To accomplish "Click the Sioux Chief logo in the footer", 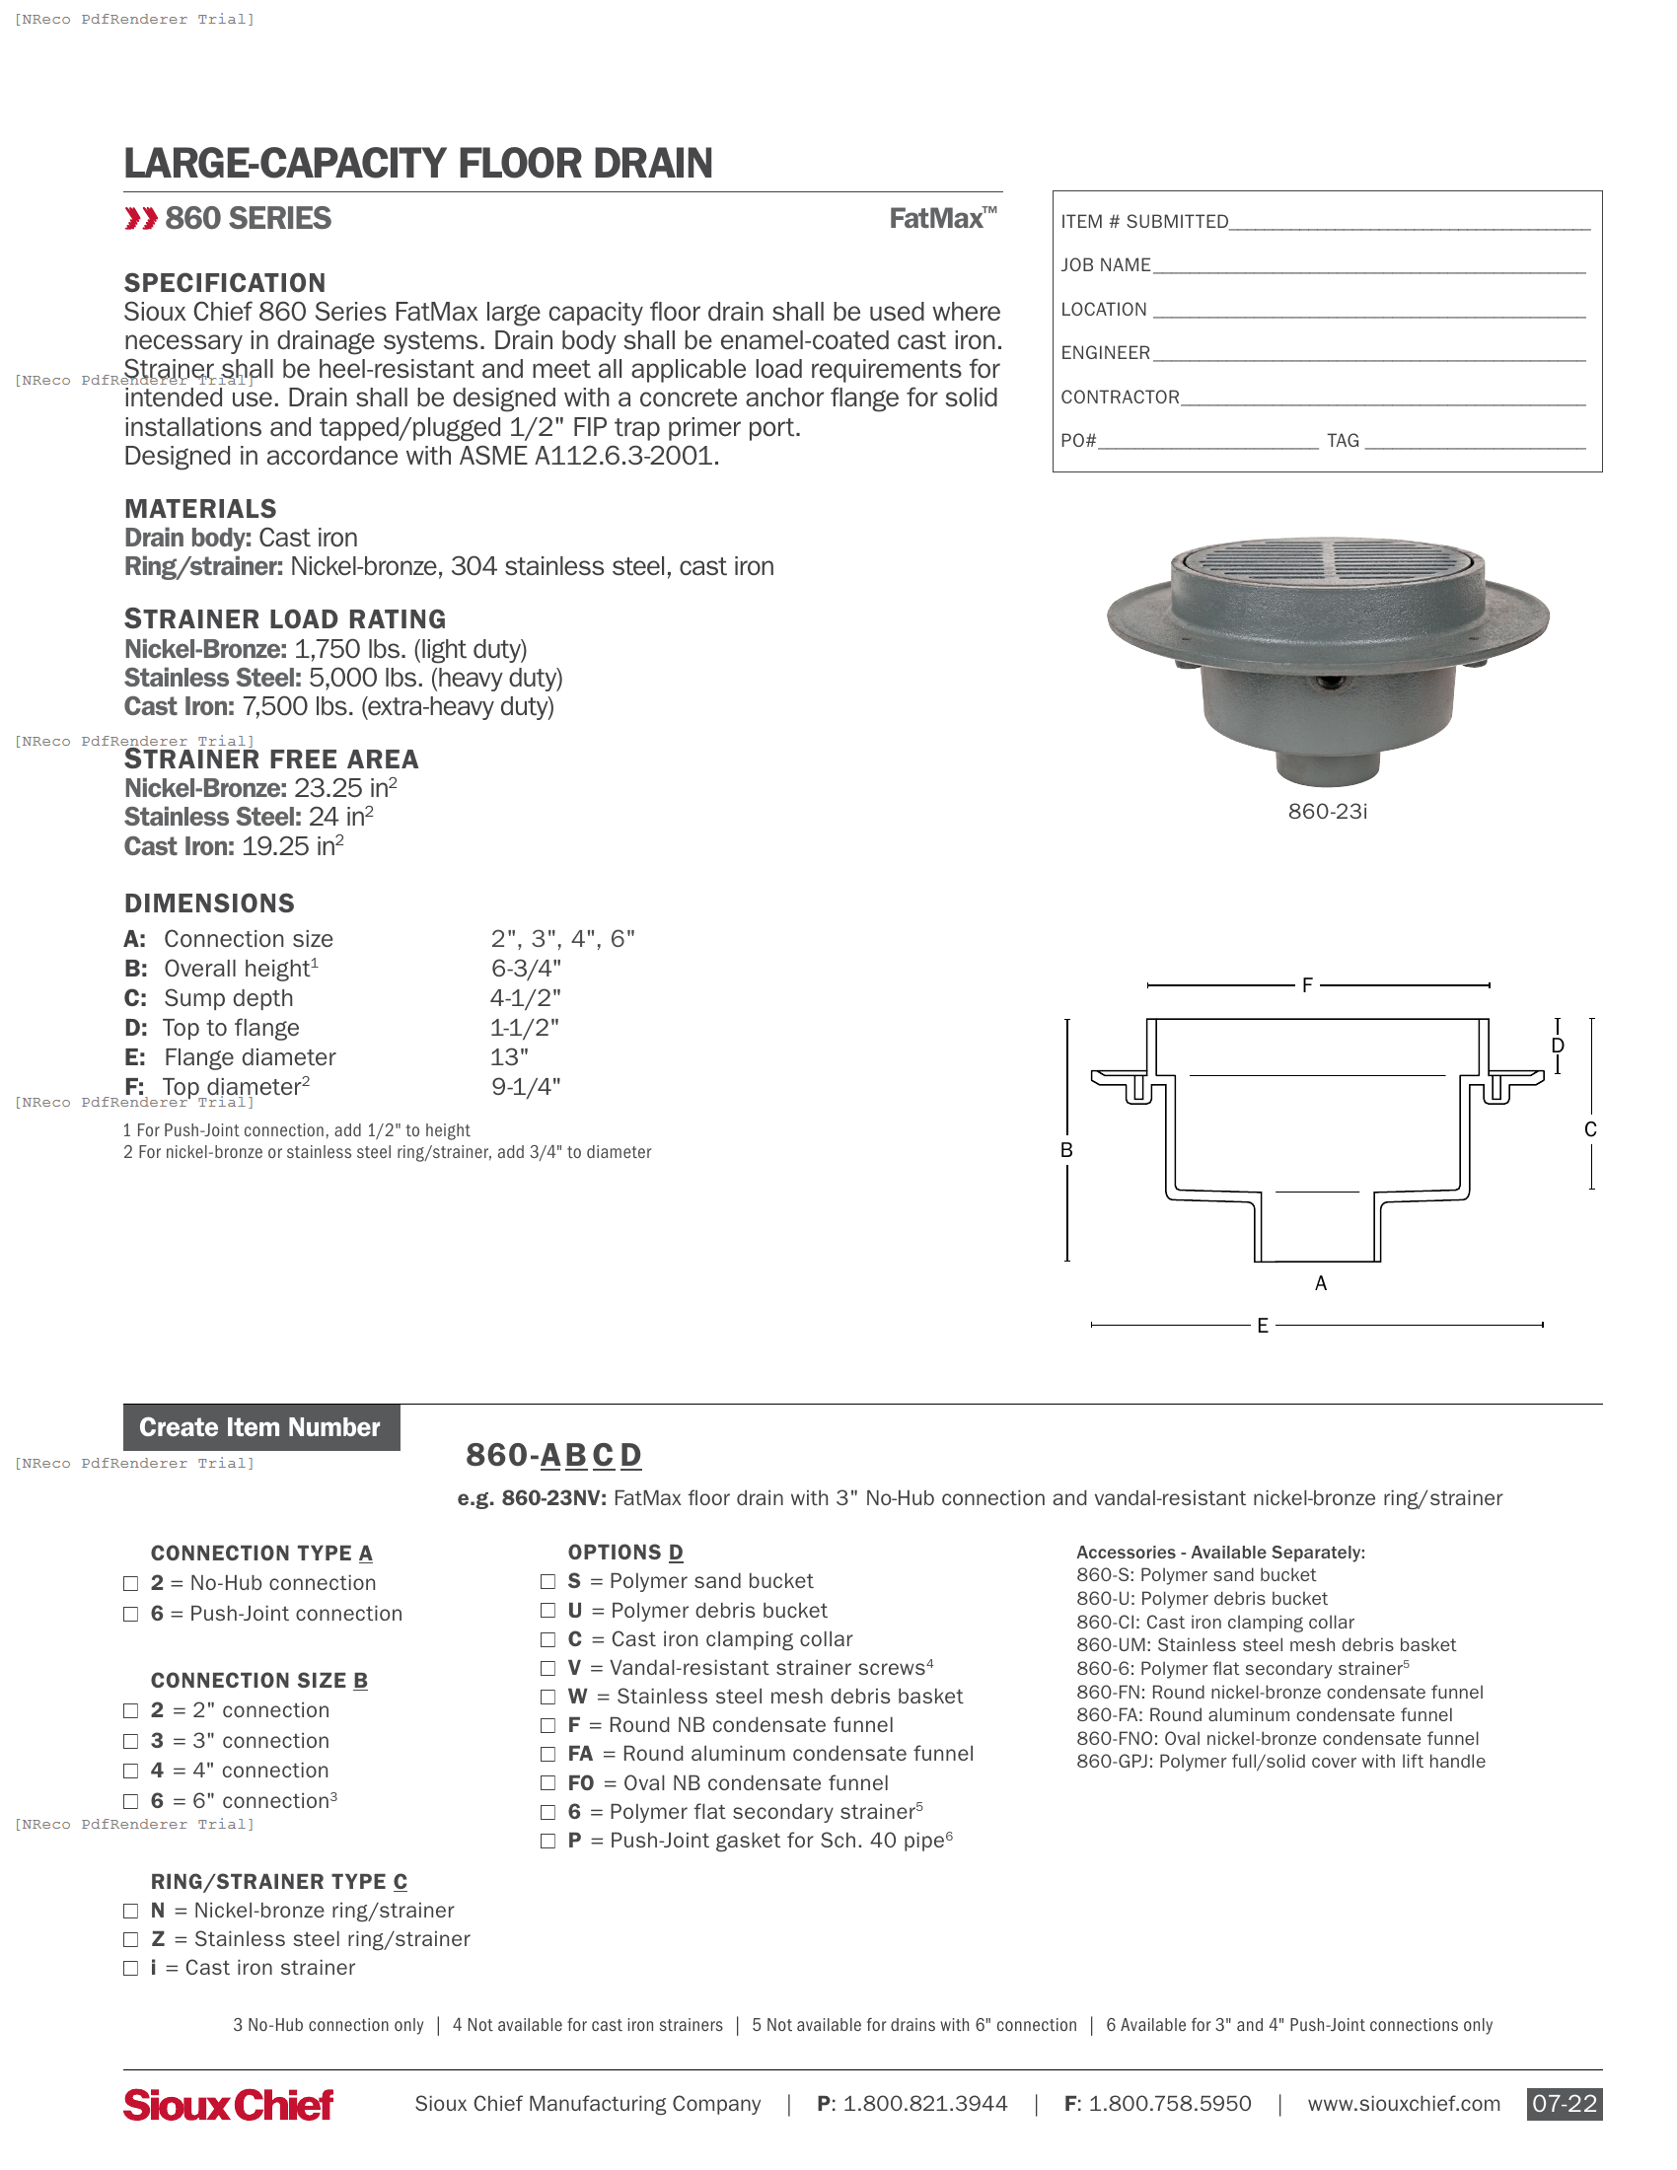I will click(228, 2105).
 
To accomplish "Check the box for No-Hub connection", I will click(130, 1584).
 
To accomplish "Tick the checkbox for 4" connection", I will click(130, 1772).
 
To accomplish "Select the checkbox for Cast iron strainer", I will click(130, 1969).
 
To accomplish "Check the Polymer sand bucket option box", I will click(547, 1582).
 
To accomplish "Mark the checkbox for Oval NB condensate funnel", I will click(547, 1784).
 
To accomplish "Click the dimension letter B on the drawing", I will click(1066, 1149).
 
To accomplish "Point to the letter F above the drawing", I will click(1306, 985).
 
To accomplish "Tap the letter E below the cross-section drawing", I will click(1262, 1326).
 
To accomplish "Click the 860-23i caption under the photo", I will click(1327, 812).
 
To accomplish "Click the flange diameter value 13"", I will click(509, 1057).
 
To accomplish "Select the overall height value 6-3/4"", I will click(526, 968).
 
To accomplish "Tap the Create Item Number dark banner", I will click(260, 1428).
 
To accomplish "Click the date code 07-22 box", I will click(1564, 2104).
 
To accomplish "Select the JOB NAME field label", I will click(1105, 265).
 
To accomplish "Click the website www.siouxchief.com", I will click(1403, 2104).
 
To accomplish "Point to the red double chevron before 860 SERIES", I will click(141, 219).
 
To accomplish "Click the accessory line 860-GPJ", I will click(1279, 1762).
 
